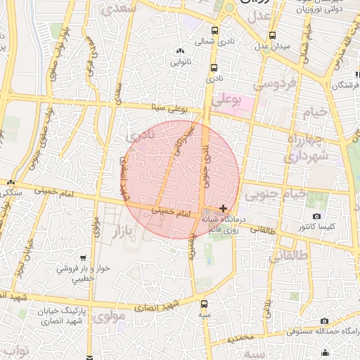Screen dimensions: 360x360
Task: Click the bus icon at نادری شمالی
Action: (214, 30)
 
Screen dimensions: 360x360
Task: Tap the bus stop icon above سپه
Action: (204, 304)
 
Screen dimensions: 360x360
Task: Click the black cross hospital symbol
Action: (224, 207)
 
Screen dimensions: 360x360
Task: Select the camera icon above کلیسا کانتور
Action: (316, 216)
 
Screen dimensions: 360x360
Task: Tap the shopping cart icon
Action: (84, 258)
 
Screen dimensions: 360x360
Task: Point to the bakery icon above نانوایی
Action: (181, 51)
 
